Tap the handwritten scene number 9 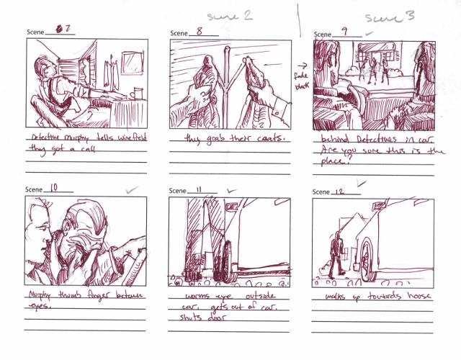coord(345,31)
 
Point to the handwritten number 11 coord(201,189)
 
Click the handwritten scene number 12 coord(344,191)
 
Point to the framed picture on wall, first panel coord(133,67)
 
